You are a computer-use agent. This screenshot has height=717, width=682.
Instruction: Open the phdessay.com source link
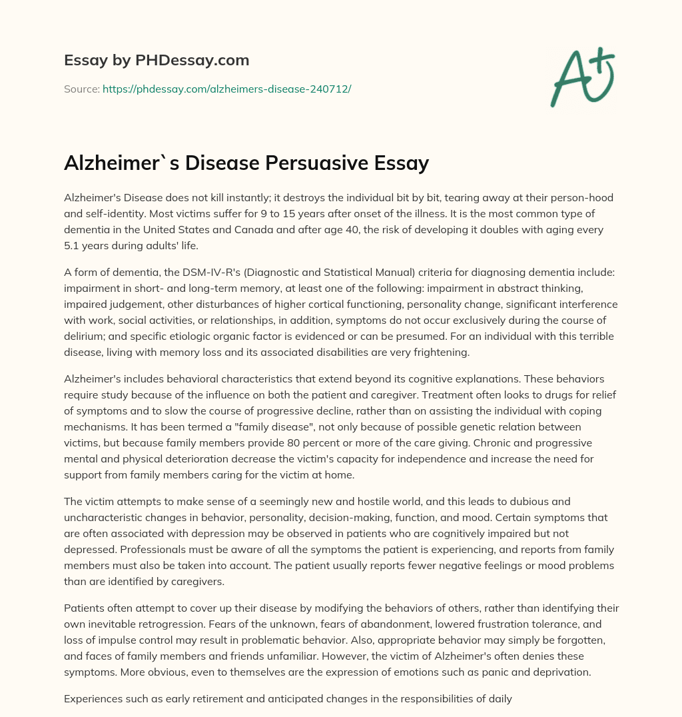(226, 89)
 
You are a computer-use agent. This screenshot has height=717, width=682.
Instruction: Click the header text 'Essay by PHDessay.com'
(157, 61)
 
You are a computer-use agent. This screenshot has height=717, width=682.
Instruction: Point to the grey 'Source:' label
(81, 89)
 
